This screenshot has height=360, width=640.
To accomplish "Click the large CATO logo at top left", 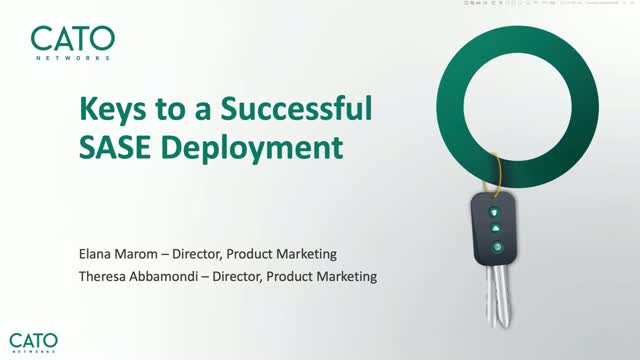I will click(73, 40).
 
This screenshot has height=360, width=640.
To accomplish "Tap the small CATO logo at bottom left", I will click(34, 339).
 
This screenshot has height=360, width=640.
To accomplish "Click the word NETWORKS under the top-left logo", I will click(73, 59).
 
